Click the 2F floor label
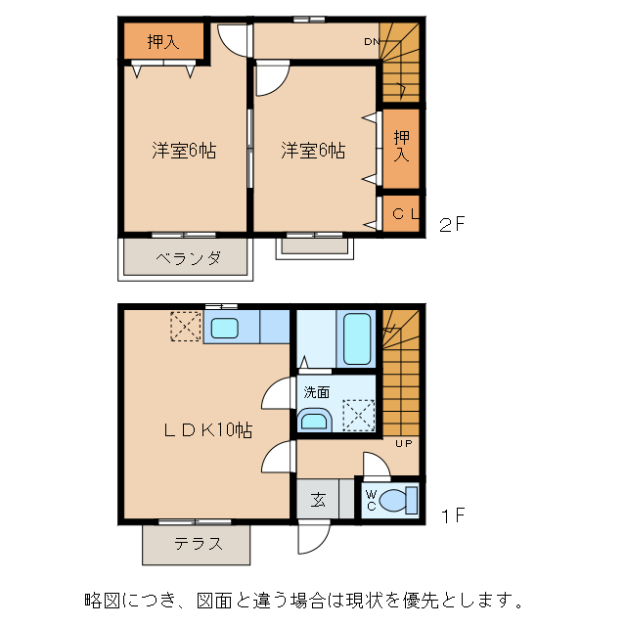pos(451,225)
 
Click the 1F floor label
pos(451,514)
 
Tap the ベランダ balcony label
pos(187,259)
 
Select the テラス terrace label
pos(199,545)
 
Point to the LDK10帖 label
pos(208,429)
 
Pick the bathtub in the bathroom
pos(357,338)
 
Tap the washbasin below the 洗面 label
pos(315,422)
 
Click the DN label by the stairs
pos(372,42)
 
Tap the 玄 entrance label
pos(319,501)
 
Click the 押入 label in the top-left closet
pos(163,41)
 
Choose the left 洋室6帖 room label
pos(184,151)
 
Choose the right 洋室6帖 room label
pos(313,151)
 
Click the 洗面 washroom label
pos(316,391)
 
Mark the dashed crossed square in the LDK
pos(186,327)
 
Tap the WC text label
pos(370,501)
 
